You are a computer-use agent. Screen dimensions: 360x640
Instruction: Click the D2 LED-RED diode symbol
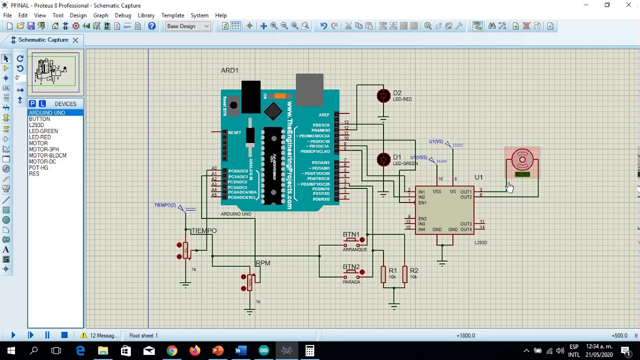383,96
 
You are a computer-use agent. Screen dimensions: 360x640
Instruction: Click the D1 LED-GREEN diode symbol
383,159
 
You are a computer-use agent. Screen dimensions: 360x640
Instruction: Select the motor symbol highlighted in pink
522,162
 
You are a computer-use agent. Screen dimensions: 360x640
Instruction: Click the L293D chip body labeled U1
444,210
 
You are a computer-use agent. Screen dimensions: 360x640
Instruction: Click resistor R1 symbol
383,274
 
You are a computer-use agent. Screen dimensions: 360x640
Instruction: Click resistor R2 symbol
404,274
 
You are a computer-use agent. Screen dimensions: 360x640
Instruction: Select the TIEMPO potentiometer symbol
186,250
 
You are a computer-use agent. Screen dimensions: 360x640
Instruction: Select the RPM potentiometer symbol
249,282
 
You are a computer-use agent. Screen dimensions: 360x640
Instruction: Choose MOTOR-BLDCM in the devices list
47,155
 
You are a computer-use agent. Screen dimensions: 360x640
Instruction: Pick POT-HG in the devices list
38,167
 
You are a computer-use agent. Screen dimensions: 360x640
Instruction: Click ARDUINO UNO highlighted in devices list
47,113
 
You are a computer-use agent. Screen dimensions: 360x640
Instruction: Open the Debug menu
122,15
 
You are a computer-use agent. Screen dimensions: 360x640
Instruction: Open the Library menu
146,15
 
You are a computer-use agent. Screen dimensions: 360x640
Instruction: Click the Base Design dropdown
188,26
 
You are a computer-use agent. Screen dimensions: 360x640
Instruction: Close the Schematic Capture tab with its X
75,40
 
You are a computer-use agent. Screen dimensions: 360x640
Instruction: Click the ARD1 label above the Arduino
229,70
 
